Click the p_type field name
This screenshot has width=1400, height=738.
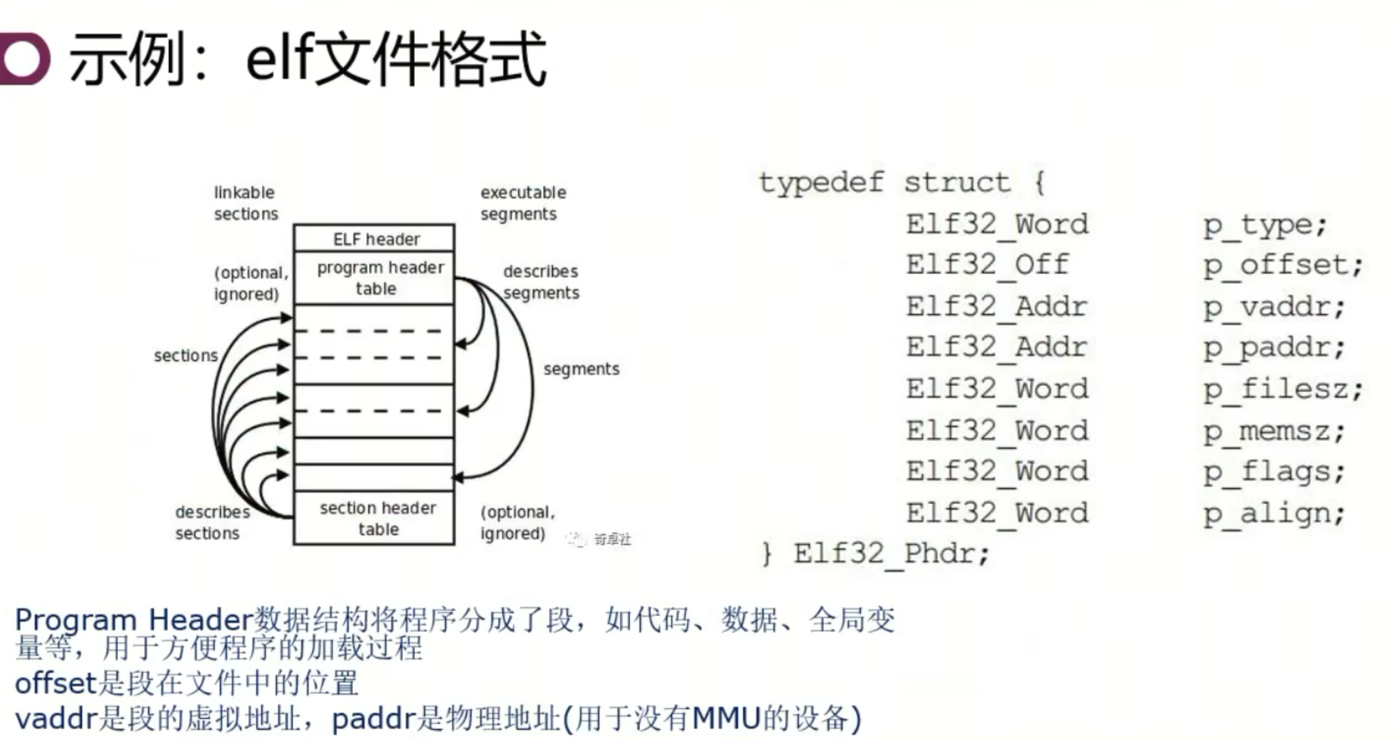[x=1264, y=225]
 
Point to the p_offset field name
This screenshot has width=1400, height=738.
[x=1282, y=265]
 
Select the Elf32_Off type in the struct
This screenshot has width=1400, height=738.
[x=987, y=265]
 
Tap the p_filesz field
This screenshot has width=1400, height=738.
[x=1282, y=389]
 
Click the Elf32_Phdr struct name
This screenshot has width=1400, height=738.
[x=890, y=554]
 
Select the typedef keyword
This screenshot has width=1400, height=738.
[x=821, y=182]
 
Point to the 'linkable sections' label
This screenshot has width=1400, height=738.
[x=245, y=203]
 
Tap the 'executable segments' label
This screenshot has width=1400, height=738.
[x=522, y=203]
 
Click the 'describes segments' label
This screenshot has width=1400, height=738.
[x=541, y=282]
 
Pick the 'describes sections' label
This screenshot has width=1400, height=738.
[x=211, y=522]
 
